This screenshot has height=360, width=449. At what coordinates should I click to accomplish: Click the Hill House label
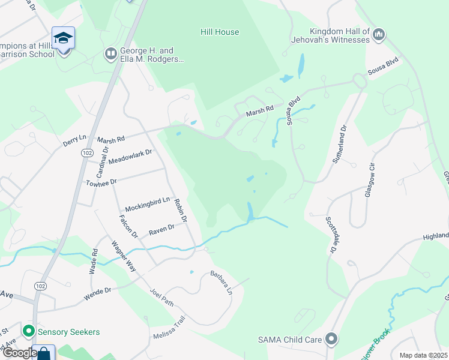(x=220, y=32)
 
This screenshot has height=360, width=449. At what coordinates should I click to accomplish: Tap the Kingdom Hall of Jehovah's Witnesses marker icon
(x=378, y=35)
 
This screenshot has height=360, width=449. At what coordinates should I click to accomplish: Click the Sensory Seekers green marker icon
(x=28, y=331)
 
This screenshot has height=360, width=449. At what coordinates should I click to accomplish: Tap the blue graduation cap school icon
(x=63, y=39)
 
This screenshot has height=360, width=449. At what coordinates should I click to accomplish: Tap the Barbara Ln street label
(x=220, y=282)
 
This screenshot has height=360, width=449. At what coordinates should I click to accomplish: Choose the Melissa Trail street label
(x=171, y=336)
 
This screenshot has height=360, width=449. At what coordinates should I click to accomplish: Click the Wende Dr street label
(x=100, y=291)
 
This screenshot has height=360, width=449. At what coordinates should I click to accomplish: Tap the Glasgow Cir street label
(x=370, y=180)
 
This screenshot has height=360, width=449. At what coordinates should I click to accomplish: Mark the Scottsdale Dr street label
(x=331, y=235)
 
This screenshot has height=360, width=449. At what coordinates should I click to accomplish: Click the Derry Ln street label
(x=75, y=142)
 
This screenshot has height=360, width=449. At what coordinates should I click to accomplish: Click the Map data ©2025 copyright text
(x=423, y=355)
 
